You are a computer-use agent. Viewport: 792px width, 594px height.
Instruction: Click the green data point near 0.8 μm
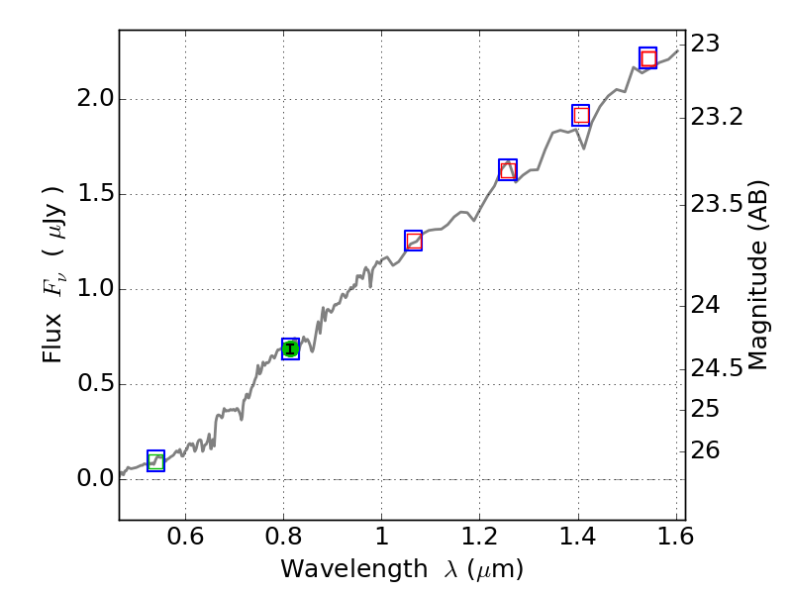point(290,347)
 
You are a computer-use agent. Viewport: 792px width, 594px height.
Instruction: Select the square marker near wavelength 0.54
point(155,460)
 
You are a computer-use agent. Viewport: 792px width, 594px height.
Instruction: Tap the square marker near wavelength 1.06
point(414,241)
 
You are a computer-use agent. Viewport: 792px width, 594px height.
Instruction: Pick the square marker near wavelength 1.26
point(508,169)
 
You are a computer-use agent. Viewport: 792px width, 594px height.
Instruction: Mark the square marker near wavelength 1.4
point(581,115)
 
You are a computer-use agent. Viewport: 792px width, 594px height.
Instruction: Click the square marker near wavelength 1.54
point(647,57)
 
